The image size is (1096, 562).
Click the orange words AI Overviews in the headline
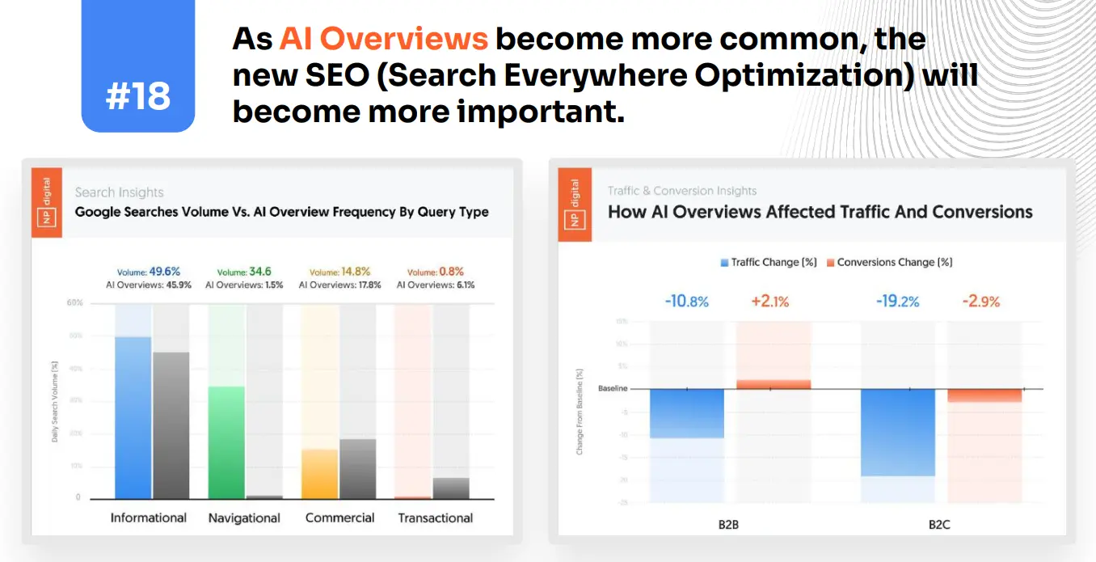(384, 39)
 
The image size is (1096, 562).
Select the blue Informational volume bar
(133, 416)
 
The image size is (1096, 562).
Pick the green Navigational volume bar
(226, 442)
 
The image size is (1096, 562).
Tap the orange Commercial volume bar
(320, 473)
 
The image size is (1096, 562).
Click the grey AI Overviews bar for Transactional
(451, 488)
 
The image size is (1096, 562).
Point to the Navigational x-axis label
(244, 518)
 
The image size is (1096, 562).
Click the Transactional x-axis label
(435, 518)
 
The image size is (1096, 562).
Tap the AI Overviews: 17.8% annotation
(339, 285)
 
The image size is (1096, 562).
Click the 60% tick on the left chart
(74, 303)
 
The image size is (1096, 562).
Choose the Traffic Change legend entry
(769, 263)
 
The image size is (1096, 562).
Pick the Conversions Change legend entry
(889, 263)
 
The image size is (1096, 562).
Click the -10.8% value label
(686, 302)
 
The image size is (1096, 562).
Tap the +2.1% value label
(769, 302)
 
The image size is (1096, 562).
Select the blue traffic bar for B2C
(897, 432)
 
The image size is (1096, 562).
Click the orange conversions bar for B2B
(774, 384)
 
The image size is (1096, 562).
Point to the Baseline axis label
(613, 389)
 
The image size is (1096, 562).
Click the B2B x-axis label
(728, 525)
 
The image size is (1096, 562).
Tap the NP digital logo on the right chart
(575, 205)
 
